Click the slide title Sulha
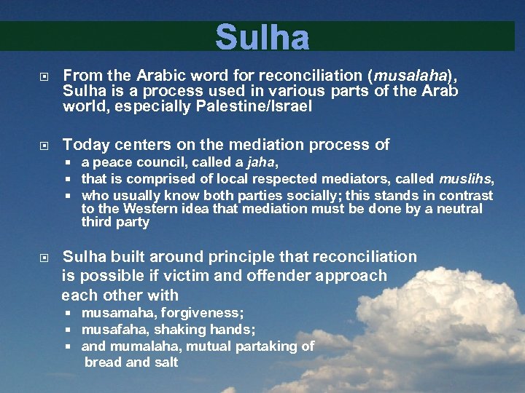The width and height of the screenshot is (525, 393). (262, 36)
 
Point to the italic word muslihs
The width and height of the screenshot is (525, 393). (465, 179)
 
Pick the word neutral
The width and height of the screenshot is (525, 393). (456, 209)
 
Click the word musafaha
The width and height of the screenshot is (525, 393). (114, 330)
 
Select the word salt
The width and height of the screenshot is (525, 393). (164, 362)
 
